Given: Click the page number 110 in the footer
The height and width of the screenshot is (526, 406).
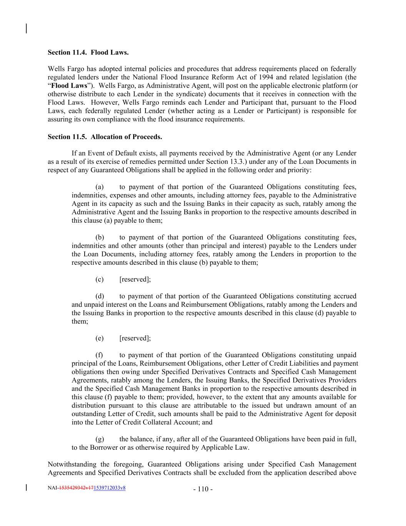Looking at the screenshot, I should pos(203,489).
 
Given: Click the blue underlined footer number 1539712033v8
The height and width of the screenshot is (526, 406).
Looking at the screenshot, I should pos(110,488).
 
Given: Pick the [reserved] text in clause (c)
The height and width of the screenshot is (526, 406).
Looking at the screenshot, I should pos(135,280).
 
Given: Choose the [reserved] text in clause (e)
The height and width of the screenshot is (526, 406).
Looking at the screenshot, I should pos(135,338).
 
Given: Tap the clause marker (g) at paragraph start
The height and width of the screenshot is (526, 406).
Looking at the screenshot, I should pos(100,439).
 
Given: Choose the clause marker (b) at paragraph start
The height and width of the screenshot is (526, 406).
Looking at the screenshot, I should pos(100,238).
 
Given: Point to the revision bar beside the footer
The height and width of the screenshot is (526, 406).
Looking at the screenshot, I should pos(26,488).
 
